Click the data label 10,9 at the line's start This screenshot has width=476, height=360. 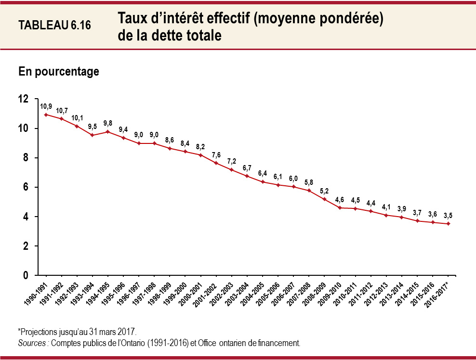tap(46, 106)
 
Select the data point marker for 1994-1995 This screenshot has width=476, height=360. tap(108, 131)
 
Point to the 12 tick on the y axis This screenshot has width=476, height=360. tap(24, 99)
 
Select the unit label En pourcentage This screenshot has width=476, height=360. tap(59, 72)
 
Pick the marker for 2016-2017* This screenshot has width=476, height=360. tap(448, 223)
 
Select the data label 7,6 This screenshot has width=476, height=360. tap(216, 155)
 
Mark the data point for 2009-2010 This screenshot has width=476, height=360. tap(340, 207)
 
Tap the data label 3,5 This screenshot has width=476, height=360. tap(448, 215)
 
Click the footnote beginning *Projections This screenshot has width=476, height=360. tap(77, 333)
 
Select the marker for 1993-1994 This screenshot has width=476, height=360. tap(93, 135)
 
